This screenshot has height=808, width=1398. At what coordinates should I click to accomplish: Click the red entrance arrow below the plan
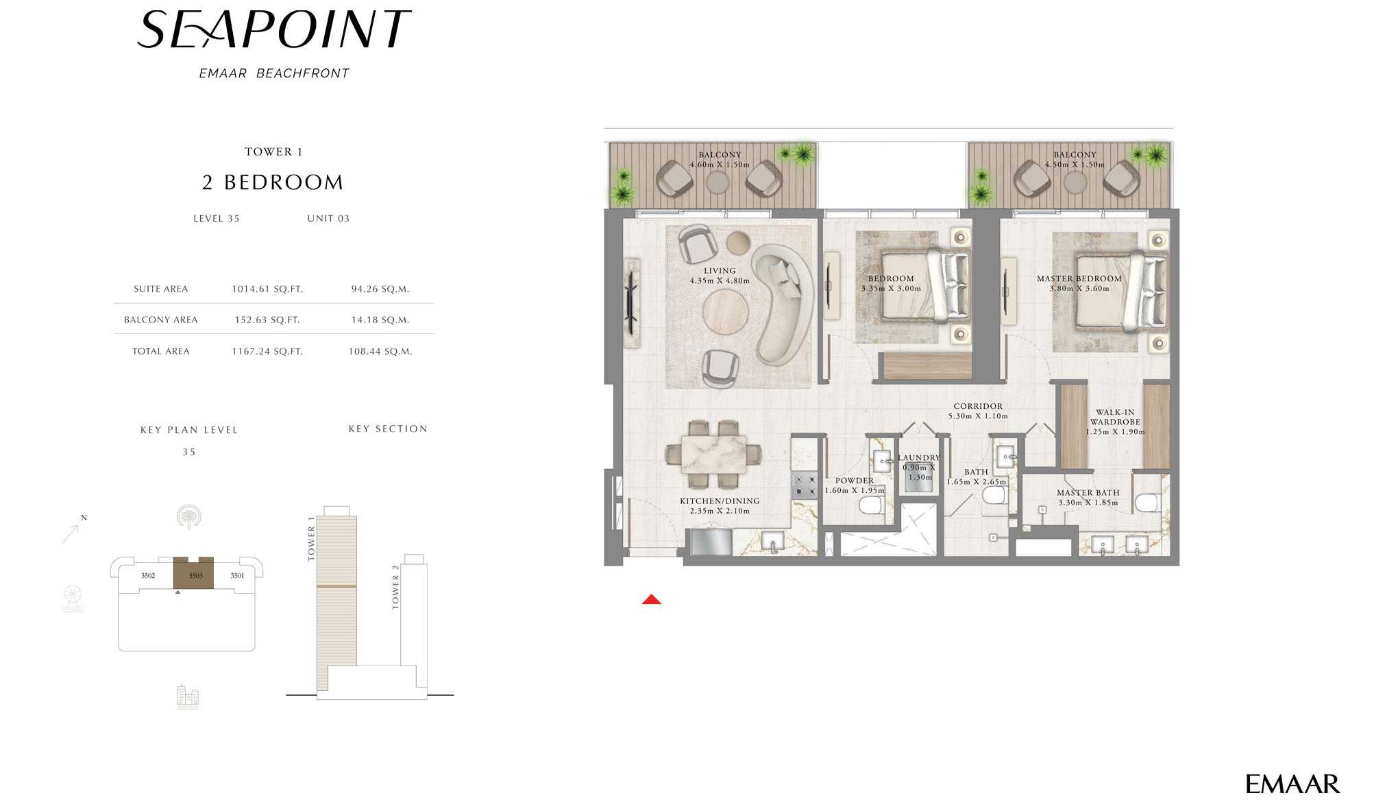pos(651,599)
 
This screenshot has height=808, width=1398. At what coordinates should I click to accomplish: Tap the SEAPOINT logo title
pos(274,29)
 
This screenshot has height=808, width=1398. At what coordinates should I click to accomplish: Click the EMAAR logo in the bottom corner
pos(1292,784)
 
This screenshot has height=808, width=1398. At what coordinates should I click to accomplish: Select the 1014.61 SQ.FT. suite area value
pos(267,289)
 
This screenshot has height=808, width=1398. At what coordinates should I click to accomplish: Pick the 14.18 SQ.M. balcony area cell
pos(380,320)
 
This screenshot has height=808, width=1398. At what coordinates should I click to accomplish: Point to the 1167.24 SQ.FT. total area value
pos(267,351)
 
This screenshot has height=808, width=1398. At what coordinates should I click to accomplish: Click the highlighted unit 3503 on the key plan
pos(194,574)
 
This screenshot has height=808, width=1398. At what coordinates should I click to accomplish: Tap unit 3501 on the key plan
pos(237,576)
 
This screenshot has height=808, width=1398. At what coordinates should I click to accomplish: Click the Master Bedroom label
pos(1079,279)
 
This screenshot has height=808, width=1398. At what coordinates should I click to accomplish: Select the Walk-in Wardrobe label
pos(1115,417)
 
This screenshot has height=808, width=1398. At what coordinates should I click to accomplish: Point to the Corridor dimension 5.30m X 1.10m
pos(978,416)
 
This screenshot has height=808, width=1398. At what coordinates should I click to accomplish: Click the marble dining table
pos(713,453)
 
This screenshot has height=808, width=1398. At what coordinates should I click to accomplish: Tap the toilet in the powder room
pos(871,506)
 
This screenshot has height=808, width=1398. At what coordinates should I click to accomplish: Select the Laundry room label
pos(919,457)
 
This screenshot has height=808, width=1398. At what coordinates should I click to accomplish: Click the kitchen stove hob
pos(804,485)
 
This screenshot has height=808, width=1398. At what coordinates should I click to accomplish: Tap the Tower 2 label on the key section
pos(395,587)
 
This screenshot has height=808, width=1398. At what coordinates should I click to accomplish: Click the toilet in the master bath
pos(1146,503)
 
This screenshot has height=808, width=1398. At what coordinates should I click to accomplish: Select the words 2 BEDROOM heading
pos(273,182)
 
